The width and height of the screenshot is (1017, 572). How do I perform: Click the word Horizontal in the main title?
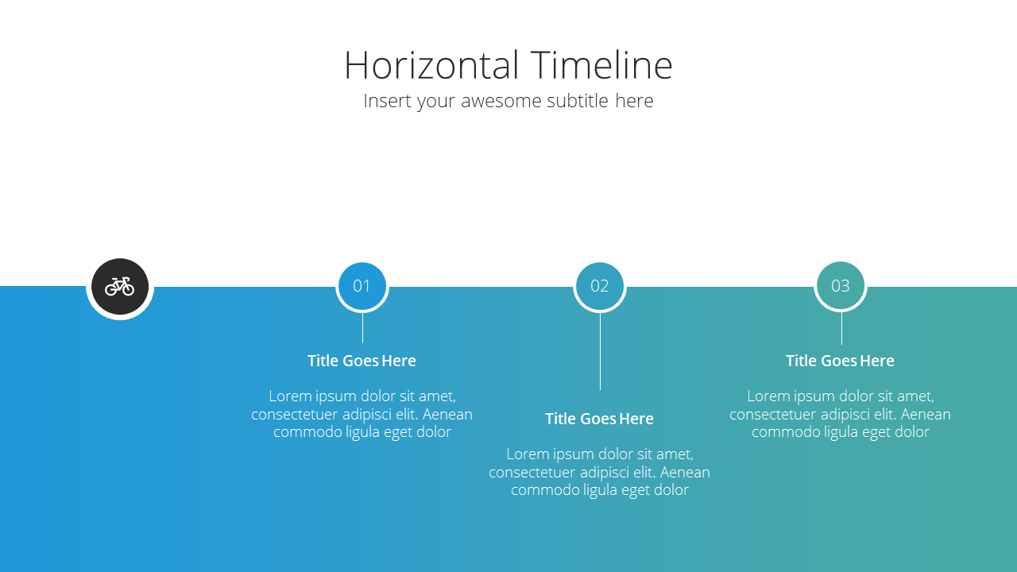(x=431, y=65)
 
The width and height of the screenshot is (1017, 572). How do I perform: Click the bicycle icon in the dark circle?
(x=120, y=287)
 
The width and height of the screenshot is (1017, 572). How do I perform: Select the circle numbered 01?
(x=362, y=287)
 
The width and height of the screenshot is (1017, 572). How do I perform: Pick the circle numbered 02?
(x=600, y=287)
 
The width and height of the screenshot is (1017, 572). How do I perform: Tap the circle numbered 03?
(x=841, y=286)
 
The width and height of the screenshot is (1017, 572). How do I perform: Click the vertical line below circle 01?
(x=362, y=328)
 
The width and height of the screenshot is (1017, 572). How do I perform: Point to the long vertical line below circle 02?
(x=600, y=351)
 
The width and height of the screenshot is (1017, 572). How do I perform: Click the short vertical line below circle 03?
(x=841, y=328)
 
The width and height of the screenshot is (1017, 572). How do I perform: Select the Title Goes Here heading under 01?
(x=362, y=361)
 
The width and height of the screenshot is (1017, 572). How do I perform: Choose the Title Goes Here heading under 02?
(x=599, y=419)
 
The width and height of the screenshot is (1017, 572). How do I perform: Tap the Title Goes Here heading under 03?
(x=841, y=361)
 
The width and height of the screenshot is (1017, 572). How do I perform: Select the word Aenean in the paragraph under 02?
(x=685, y=473)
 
